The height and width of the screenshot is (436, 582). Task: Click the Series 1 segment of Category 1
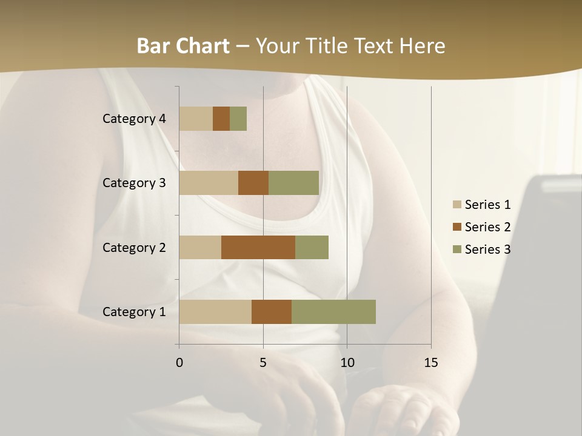pos(215,312)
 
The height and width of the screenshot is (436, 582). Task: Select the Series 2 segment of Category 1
pos(272,312)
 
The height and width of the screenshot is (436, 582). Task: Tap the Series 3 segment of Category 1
pos(333,312)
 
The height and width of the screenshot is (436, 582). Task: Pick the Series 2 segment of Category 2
pos(258,247)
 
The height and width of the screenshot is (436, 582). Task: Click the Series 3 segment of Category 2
pos(312,247)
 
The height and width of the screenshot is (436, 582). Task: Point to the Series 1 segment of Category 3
pos(209,183)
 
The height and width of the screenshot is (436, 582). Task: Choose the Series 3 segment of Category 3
pos(293,183)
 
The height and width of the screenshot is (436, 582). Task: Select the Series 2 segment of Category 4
pos(221,119)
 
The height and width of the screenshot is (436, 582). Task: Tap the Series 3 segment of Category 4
pos(238,119)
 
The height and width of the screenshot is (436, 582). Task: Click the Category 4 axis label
pos(134,119)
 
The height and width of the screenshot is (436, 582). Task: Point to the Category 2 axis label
pos(134,247)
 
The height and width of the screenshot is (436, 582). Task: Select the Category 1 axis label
pos(134,312)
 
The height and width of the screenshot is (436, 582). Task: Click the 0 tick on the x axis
pos(179,363)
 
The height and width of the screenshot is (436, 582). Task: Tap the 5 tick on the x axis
pos(263,363)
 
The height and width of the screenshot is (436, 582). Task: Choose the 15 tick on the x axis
pos(431,363)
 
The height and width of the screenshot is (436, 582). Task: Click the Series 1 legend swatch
pos(457,205)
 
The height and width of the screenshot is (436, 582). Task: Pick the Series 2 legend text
pos(487,227)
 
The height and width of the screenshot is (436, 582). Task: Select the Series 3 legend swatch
pos(457,249)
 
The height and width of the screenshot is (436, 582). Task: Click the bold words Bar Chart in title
pos(183,46)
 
